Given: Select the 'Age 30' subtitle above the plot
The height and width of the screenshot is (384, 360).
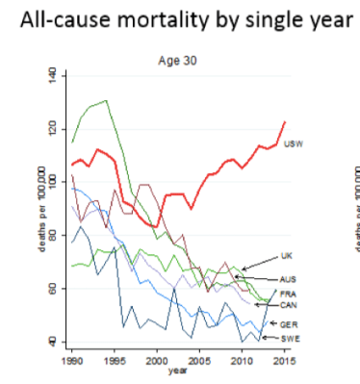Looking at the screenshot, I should (x=175, y=60).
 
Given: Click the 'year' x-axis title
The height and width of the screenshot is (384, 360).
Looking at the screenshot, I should (x=177, y=369).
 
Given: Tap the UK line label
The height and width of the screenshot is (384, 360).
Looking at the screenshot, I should (x=286, y=256).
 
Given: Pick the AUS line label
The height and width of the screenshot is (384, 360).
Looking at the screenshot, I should (x=288, y=278).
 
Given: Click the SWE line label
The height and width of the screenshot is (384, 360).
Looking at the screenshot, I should (x=288, y=339).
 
